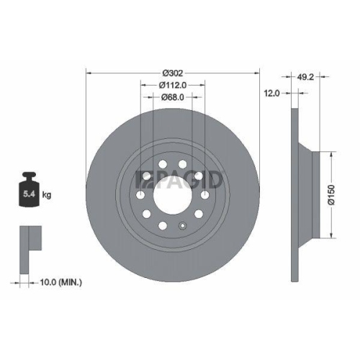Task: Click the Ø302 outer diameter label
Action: (x=173, y=73)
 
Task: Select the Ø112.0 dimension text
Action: (x=173, y=84)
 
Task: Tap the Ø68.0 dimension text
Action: (x=173, y=96)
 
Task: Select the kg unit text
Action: (x=47, y=195)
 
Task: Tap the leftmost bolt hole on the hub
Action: (x=139, y=194)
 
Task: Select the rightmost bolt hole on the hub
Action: (x=207, y=194)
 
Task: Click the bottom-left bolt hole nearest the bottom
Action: (x=163, y=226)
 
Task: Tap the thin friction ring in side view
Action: (x=293, y=194)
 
